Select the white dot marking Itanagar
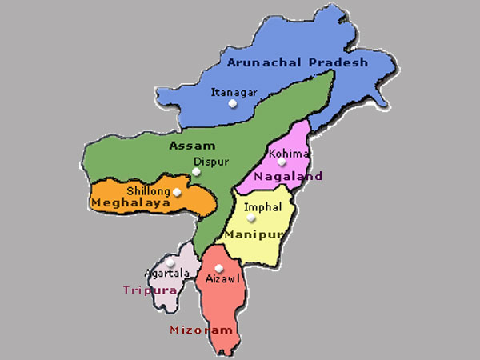(232, 104)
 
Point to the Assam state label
(192, 146)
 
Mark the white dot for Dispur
(196, 171)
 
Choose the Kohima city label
(287, 152)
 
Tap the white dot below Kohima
(282, 163)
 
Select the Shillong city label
(148, 191)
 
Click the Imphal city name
(262, 206)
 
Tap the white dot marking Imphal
(251, 218)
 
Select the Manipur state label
(254, 234)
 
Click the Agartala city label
(166, 273)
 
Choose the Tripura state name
(149, 290)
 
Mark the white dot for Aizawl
(219, 268)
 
